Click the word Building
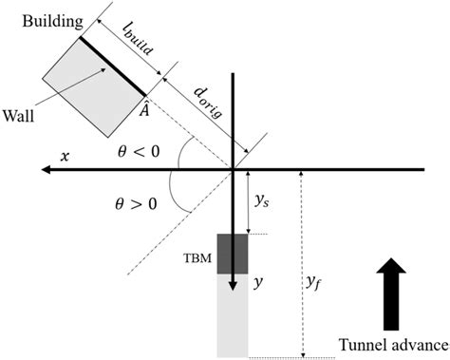tap(47, 19)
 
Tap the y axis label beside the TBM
tap(257, 281)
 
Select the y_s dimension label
tap(262, 202)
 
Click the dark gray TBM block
tap(233, 252)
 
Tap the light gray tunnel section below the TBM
tap(233, 318)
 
